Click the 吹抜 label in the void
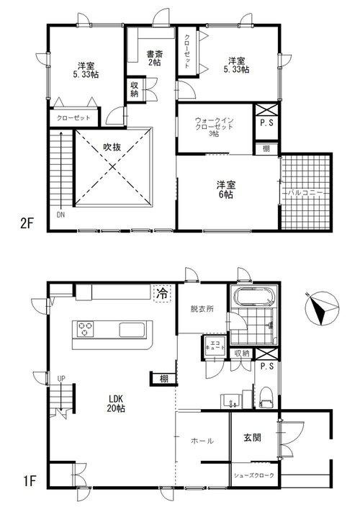tap(112, 148)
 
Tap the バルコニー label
tap(306, 194)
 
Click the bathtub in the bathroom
tap(250, 298)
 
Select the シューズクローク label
tap(254, 476)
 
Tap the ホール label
tap(202, 441)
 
